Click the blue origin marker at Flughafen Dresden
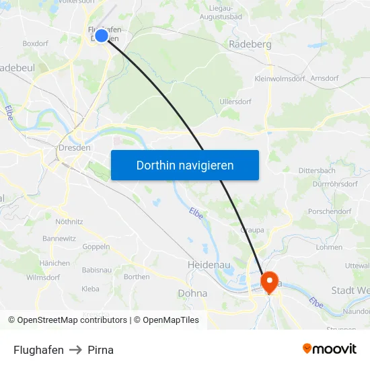click(x=102, y=36)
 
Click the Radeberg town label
click(x=250, y=44)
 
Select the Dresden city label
click(x=73, y=148)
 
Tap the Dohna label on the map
click(x=192, y=293)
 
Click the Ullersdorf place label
click(x=235, y=102)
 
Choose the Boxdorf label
click(x=35, y=43)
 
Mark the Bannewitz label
click(x=59, y=238)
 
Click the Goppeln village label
click(x=96, y=247)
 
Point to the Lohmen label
click(x=329, y=247)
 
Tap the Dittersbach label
click(x=317, y=171)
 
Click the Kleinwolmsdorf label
click(x=280, y=79)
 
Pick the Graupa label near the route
click(x=252, y=229)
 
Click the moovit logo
click(x=330, y=349)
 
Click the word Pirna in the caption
click(x=100, y=350)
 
